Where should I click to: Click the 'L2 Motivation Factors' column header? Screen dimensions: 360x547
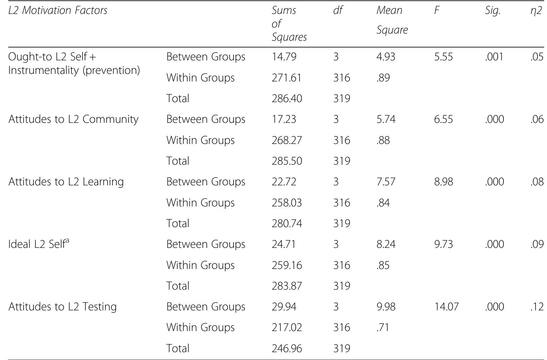(58, 10)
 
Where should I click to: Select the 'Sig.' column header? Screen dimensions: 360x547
(493, 10)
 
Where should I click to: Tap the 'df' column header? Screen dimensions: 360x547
(337, 10)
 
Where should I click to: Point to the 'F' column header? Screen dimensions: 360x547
(437, 10)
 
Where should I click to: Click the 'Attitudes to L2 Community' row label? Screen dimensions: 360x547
(73, 119)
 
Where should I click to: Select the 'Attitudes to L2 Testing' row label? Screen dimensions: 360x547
(62, 307)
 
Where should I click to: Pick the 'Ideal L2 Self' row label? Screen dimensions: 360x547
(39, 244)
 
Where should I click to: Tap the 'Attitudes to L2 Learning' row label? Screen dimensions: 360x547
(66, 182)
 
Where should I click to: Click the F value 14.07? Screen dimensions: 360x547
(446, 307)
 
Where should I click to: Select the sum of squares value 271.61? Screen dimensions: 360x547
(286, 78)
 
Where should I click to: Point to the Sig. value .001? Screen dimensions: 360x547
(494, 57)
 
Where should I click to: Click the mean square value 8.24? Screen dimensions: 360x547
(386, 244)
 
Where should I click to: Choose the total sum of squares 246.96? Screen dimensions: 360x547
(287, 348)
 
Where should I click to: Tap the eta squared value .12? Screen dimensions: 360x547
(537, 307)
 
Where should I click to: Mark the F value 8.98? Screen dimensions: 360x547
(443, 182)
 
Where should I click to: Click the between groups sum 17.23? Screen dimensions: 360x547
(284, 119)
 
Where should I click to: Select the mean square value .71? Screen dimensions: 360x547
(382, 327)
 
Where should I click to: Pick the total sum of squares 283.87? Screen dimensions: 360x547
(287, 286)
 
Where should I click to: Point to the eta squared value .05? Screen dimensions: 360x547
(537, 57)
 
